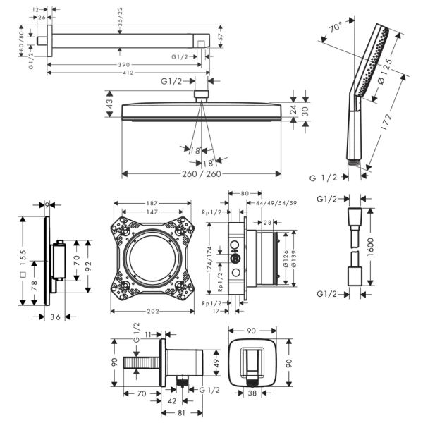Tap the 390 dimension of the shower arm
tap(124, 64)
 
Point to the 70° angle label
tap(338, 30)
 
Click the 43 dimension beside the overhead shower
tap(111, 104)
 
